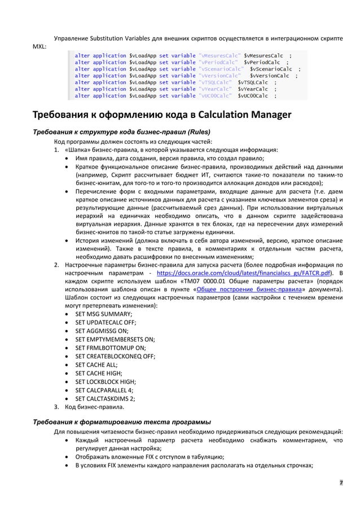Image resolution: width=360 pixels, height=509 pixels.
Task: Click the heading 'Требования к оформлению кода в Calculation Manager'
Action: point(161,116)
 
